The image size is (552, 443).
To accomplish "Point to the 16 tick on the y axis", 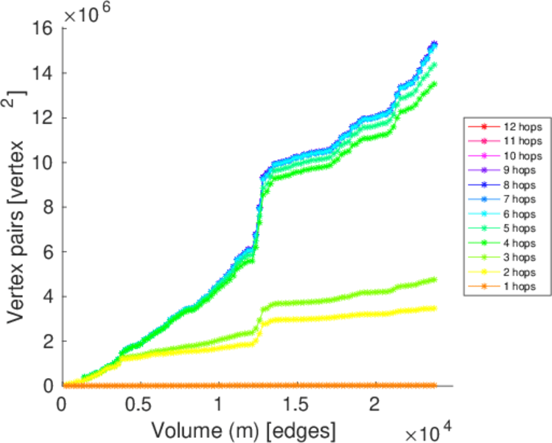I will point(43,28).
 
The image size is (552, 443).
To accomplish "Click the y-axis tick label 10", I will point(43,162).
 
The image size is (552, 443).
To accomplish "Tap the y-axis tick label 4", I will point(49,297).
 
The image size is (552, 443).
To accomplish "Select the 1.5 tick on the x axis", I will point(297,406).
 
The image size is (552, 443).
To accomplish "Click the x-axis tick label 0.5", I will point(140,406).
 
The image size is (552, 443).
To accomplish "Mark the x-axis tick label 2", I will point(375,406).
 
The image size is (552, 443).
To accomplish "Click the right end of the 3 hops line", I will point(435,279).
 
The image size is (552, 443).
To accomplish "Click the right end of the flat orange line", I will point(435,385).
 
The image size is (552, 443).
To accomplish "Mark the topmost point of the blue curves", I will point(435,44).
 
